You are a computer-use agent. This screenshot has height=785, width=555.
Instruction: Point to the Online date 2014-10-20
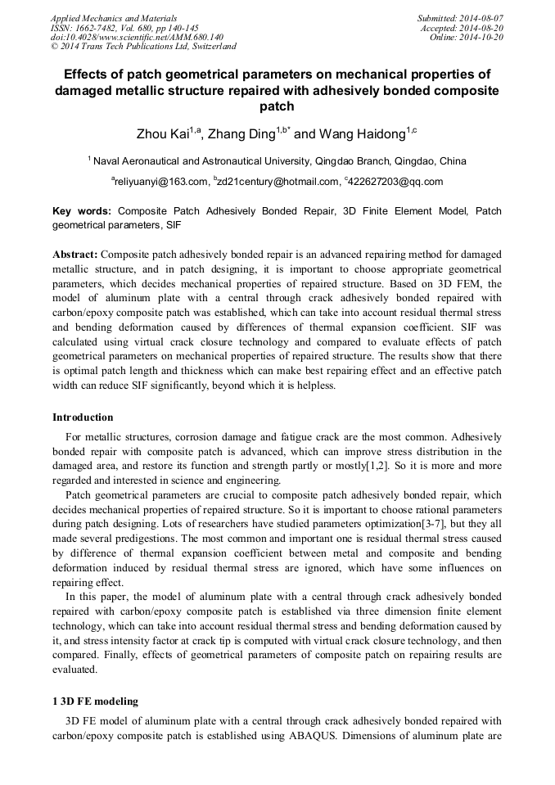click(x=485, y=38)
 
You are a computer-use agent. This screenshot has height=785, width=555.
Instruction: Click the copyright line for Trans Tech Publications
click(x=143, y=47)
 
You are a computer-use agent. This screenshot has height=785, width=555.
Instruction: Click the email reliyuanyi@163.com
click(x=160, y=182)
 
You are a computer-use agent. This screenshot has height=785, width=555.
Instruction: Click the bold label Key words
click(x=82, y=210)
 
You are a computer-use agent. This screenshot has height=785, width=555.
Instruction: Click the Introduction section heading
click(x=83, y=417)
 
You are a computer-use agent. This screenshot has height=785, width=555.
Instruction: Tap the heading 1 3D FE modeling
click(x=96, y=702)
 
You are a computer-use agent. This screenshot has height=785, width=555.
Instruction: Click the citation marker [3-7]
click(x=404, y=523)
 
